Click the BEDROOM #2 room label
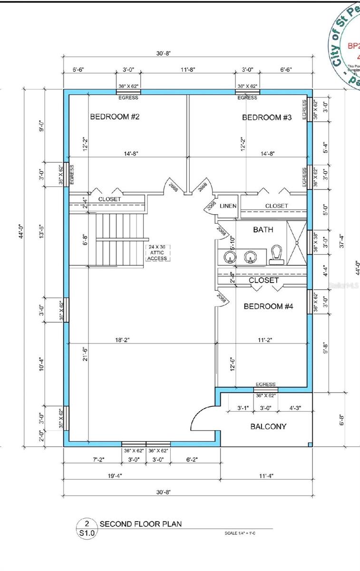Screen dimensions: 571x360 point(115,117)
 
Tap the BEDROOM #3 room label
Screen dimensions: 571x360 point(267,118)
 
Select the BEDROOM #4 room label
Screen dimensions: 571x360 point(268,306)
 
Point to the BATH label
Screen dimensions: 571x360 point(263,230)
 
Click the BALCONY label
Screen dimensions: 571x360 point(268,426)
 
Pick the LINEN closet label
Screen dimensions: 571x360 point(228,206)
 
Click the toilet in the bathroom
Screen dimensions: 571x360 point(276,255)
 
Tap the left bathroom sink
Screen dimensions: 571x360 point(230,257)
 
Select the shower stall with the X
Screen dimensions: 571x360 point(296,243)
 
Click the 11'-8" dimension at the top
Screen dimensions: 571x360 point(187,69)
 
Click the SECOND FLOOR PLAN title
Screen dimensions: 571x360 point(140,524)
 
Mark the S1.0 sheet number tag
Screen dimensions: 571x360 point(87,533)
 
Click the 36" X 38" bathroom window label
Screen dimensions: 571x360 point(315,241)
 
